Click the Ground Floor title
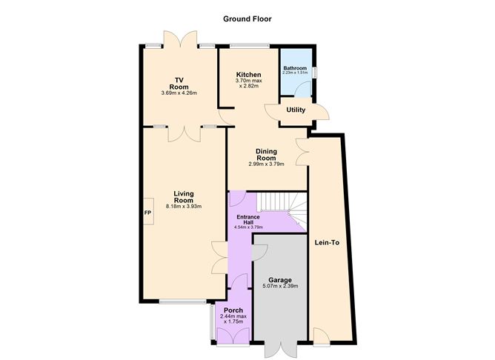click(x=247, y=19)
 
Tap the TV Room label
click(x=179, y=83)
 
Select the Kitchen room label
click(x=248, y=75)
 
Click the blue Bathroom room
click(x=296, y=73)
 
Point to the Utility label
click(x=296, y=110)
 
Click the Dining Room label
click(x=266, y=154)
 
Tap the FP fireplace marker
click(x=147, y=213)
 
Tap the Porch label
click(x=233, y=310)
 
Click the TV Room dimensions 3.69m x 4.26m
click(x=179, y=93)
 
